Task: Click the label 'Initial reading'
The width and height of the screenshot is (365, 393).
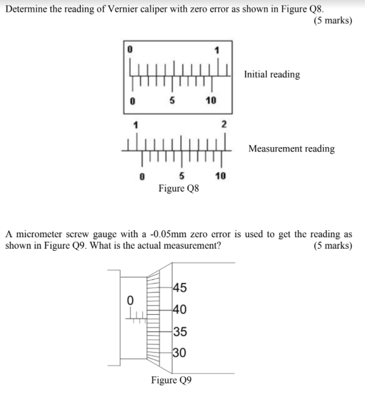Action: click(x=272, y=75)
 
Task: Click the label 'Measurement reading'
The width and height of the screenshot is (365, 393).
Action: click(x=291, y=149)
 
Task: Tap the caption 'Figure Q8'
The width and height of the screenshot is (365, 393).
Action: click(x=179, y=189)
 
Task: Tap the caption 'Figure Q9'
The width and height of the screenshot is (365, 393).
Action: click(x=171, y=380)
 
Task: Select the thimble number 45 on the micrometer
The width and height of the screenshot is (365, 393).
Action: click(x=180, y=287)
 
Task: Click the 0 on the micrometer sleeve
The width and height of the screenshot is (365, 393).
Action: click(x=130, y=300)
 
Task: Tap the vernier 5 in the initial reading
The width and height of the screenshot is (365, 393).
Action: click(x=172, y=101)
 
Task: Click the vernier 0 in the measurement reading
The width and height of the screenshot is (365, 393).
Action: click(x=143, y=177)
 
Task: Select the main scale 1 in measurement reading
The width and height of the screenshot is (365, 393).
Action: click(x=135, y=125)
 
